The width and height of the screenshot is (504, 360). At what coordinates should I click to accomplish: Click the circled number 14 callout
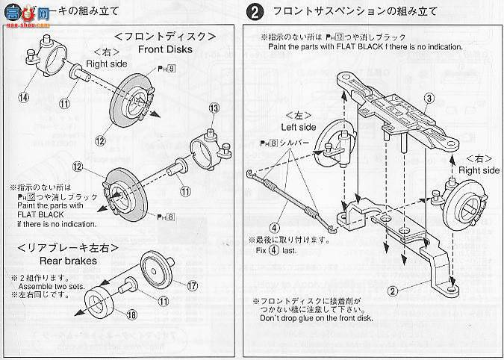pos(24,96)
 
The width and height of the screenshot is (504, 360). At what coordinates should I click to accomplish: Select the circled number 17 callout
pos(192,285)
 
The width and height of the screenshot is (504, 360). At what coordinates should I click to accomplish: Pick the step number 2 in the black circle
pos(255,13)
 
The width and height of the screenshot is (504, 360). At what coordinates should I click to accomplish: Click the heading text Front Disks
pos(165,50)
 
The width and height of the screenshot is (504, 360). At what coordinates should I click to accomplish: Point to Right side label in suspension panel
pos(478,170)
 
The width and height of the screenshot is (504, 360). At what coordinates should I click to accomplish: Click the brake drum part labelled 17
pos(158,270)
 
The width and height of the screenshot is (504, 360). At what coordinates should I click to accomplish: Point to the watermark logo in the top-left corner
pos(30,11)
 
